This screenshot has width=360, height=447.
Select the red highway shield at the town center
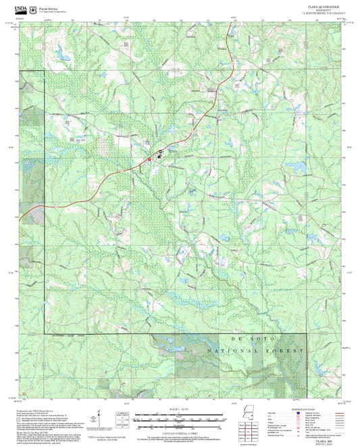point(149,159)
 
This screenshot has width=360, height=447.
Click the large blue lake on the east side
point(294,165)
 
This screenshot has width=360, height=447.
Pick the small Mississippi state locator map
point(245,415)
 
